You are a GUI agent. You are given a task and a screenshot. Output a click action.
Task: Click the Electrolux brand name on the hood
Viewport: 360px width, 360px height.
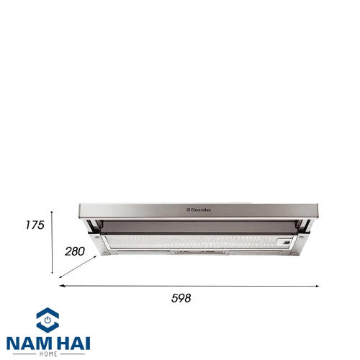point(199,210)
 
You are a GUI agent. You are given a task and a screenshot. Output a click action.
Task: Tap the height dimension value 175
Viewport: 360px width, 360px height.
point(35,225)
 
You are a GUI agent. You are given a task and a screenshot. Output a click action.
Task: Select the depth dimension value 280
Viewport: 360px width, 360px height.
point(75,251)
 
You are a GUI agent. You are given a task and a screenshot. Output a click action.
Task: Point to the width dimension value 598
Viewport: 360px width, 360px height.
point(181,298)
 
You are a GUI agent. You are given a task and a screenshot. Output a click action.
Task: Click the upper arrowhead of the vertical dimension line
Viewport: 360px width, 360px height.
point(52,212)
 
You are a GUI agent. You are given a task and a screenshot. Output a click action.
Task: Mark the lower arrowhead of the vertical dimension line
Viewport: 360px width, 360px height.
point(52,272)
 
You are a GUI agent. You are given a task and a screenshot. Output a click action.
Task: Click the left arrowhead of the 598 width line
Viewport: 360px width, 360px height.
point(61,286)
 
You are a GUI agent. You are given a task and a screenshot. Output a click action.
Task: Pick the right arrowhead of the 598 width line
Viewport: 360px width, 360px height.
point(318,286)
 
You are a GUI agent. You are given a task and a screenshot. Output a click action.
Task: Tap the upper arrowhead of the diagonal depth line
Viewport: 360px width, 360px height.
point(95,257)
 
